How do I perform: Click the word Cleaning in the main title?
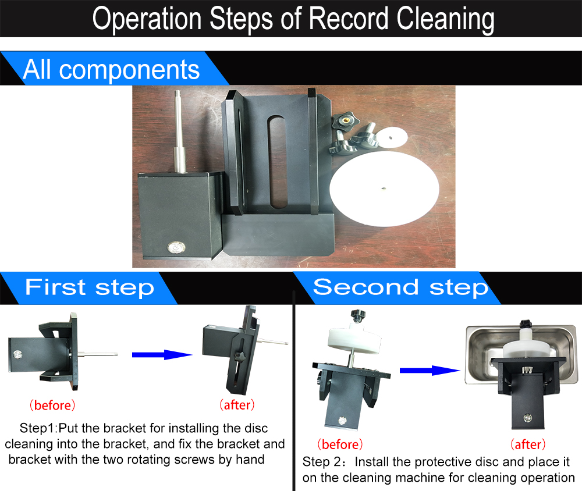[x=445, y=19]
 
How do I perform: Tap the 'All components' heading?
[x=111, y=69]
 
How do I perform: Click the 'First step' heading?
[x=90, y=287]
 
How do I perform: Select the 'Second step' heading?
[x=400, y=287]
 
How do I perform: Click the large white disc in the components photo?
[x=384, y=188]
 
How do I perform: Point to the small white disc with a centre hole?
[x=391, y=137]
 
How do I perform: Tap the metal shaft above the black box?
[x=180, y=131]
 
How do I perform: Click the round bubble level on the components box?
[x=176, y=248]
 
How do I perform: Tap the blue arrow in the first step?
[x=162, y=355]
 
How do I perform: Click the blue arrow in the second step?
[x=430, y=371]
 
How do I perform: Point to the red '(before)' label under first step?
[x=52, y=405]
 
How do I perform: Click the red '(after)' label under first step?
[x=237, y=404]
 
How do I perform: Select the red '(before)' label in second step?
[x=340, y=444]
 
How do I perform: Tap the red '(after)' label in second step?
[x=528, y=444]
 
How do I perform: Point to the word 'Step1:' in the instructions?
[x=38, y=428]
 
